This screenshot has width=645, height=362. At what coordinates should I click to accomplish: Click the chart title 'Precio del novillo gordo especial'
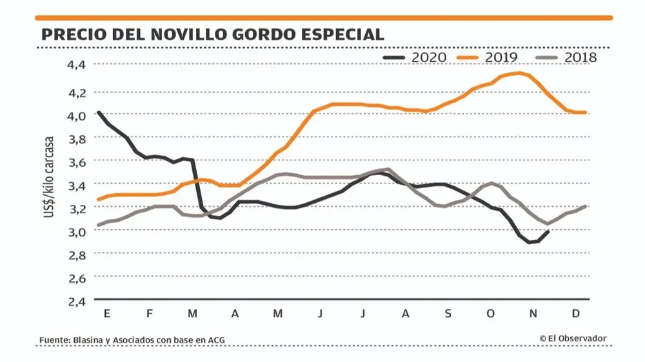(212, 33)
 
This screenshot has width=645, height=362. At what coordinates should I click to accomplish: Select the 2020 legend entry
(415, 57)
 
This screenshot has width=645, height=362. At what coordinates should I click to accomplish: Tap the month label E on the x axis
(106, 314)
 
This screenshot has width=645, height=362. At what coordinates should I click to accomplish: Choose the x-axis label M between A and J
(278, 314)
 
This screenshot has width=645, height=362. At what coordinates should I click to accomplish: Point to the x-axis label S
(448, 314)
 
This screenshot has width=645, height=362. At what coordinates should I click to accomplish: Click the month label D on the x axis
(576, 314)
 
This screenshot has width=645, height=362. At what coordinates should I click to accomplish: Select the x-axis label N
(533, 314)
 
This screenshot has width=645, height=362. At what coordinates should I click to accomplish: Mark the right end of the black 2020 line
(548, 232)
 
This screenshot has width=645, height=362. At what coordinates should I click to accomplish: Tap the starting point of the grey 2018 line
(98, 225)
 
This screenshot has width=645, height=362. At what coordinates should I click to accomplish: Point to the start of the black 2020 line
(98, 112)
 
